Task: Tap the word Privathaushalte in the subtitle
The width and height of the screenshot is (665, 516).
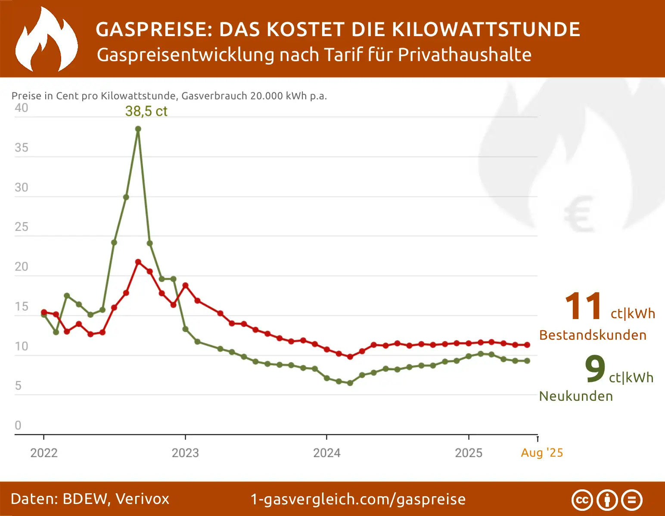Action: click(464, 55)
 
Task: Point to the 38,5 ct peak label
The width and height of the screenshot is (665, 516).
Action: click(146, 111)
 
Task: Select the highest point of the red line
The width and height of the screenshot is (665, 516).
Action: click(138, 262)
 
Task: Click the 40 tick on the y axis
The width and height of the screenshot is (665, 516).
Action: click(21, 108)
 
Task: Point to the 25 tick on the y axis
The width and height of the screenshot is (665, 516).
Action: click(21, 227)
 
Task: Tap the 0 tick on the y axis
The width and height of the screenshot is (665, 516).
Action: click(18, 425)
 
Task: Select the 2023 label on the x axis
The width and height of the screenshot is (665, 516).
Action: click(185, 453)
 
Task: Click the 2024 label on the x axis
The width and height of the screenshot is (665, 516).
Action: click(326, 453)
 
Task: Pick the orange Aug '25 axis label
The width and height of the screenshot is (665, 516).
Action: click(542, 453)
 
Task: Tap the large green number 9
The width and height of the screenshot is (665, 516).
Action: click(595, 369)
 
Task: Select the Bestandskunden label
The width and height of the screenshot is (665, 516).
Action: click(593, 335)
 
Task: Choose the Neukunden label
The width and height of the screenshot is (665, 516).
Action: click(576, 396)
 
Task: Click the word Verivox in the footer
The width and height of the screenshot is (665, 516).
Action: click(142, 499)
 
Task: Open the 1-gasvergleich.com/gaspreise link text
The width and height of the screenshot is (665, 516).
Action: click(358, 499)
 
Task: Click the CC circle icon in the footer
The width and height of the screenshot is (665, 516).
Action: click(582, 500)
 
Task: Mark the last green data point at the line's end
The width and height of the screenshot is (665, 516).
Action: click(527, 361)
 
